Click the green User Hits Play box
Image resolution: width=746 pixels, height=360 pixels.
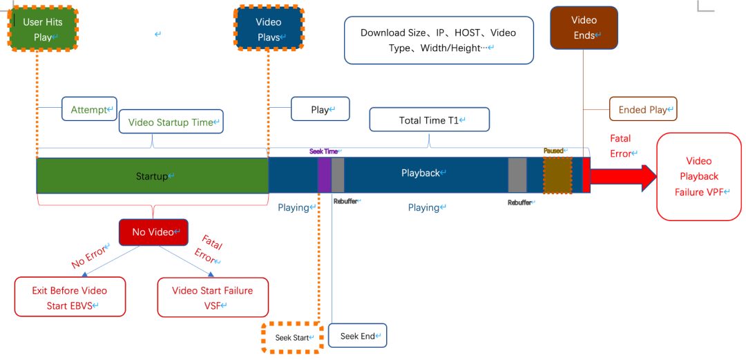click(43, 29)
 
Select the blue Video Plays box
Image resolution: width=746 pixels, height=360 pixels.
click(269, 29)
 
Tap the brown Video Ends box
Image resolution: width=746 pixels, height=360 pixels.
click(584, 28)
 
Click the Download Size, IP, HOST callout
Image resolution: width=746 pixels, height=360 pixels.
click(439, 40)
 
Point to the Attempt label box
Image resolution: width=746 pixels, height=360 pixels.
click(89, 109)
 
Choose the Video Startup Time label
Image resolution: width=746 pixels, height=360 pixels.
click(171, 122)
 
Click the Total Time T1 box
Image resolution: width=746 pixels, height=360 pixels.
click(429, 120)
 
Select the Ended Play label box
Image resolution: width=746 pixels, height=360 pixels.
click(642, 109)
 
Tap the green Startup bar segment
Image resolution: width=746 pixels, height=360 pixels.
click(152, 176)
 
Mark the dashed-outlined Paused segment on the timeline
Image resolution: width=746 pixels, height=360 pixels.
click(557, 176)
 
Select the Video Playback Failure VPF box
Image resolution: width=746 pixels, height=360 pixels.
click(698, 177)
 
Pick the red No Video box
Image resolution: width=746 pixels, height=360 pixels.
click(153, 232)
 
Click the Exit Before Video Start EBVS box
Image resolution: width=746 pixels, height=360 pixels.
click(70, 297)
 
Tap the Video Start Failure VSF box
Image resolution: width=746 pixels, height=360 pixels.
click(212, 297)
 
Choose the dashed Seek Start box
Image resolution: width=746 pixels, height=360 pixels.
click(291, 338)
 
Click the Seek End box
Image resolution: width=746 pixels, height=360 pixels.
click(358, 336)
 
